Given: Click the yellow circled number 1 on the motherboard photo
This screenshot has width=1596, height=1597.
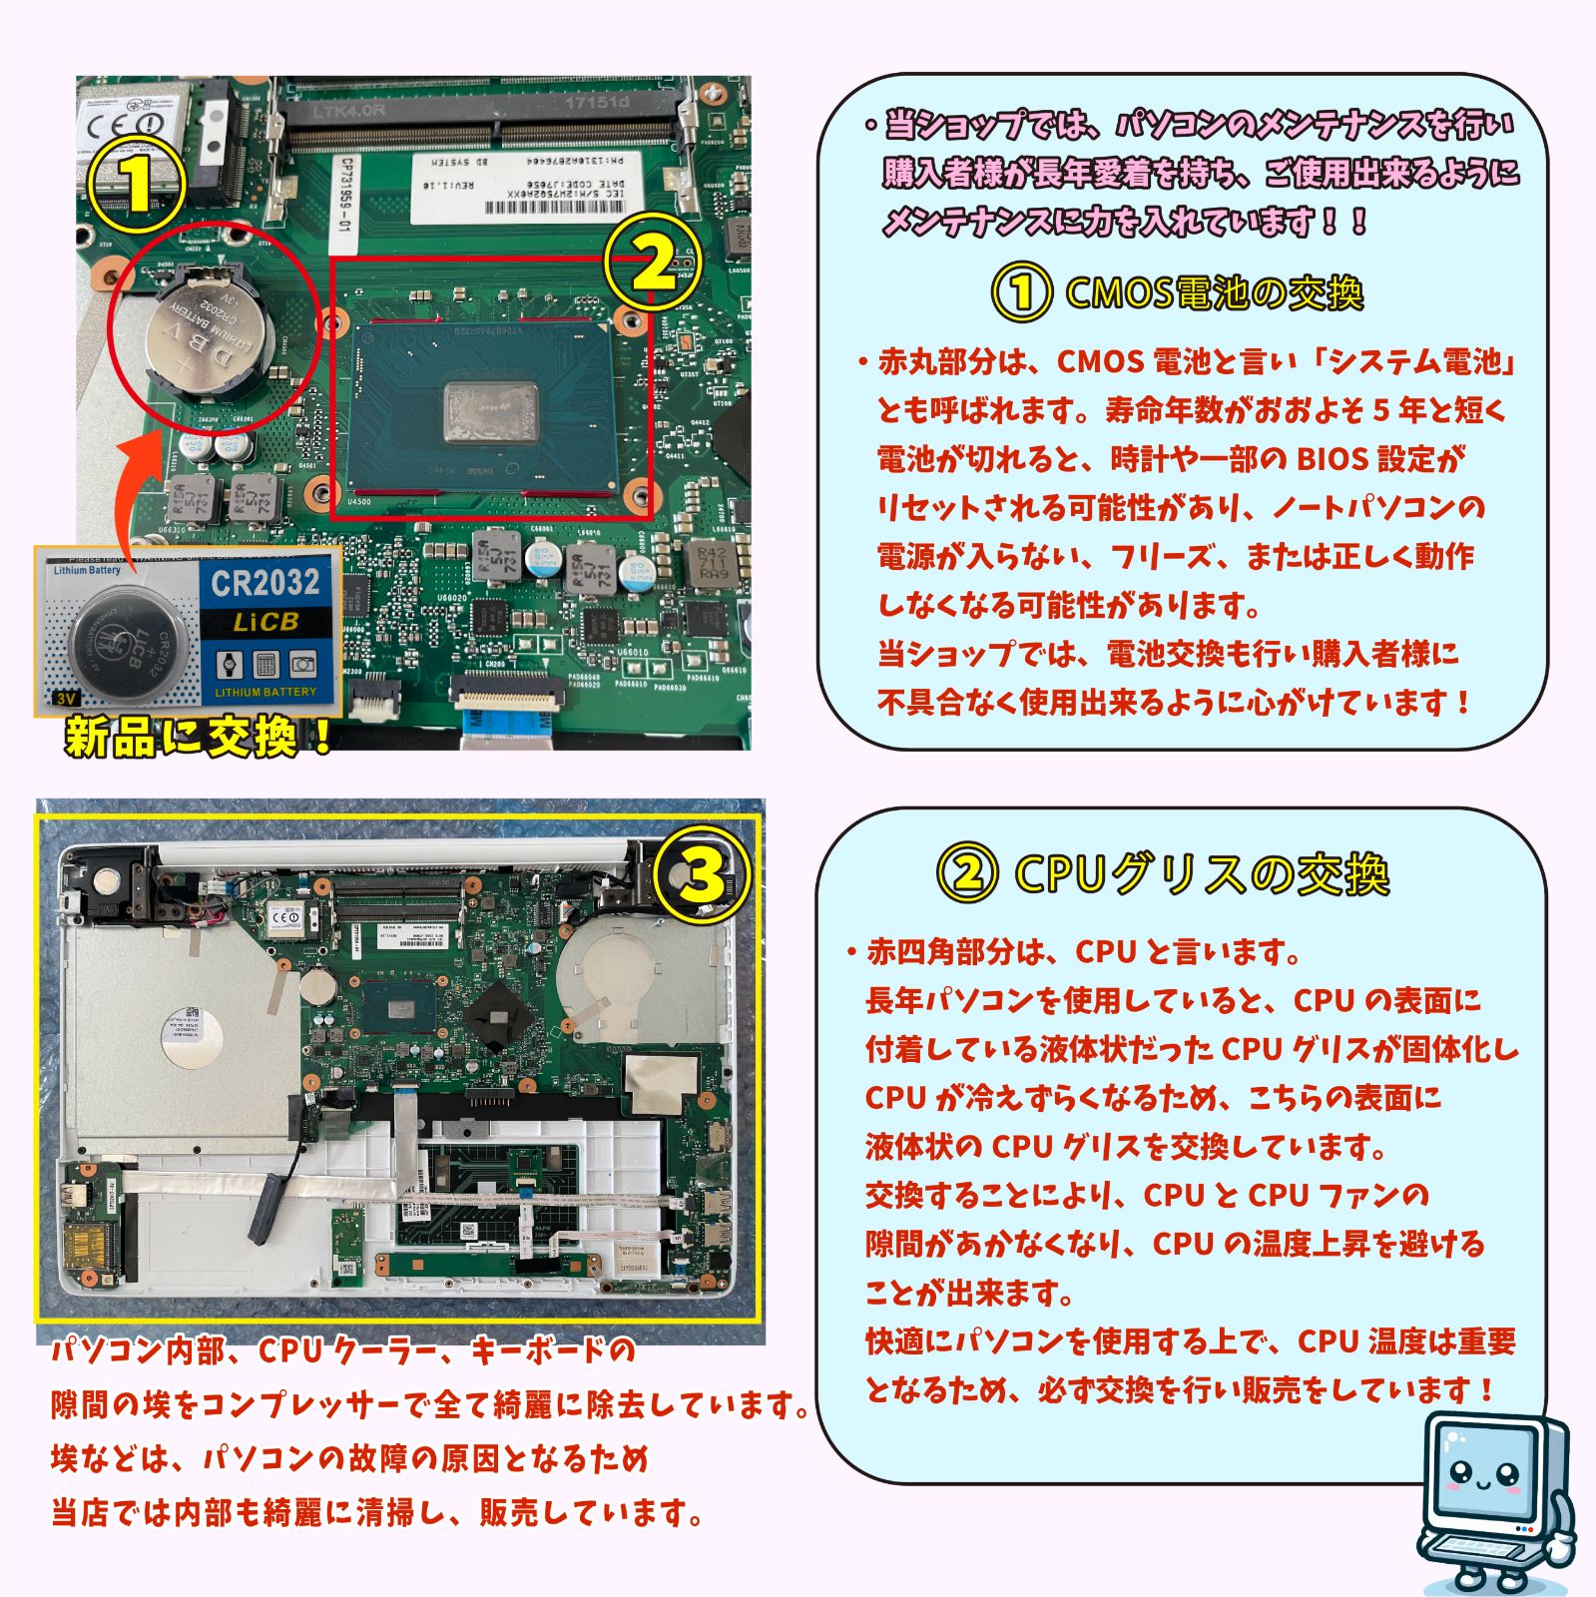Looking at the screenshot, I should [x=136, y=184].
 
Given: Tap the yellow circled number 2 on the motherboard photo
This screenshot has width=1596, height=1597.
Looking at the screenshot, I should [x=654, y=263].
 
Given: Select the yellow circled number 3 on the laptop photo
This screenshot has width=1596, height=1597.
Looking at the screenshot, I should [x=703, y=875].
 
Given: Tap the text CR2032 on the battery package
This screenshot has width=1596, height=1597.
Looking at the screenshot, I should [x=266, y=583].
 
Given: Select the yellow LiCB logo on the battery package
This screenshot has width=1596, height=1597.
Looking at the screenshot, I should [x=266, y=623].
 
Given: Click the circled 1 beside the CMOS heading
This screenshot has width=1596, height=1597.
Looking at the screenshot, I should [x=1020, y=293].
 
